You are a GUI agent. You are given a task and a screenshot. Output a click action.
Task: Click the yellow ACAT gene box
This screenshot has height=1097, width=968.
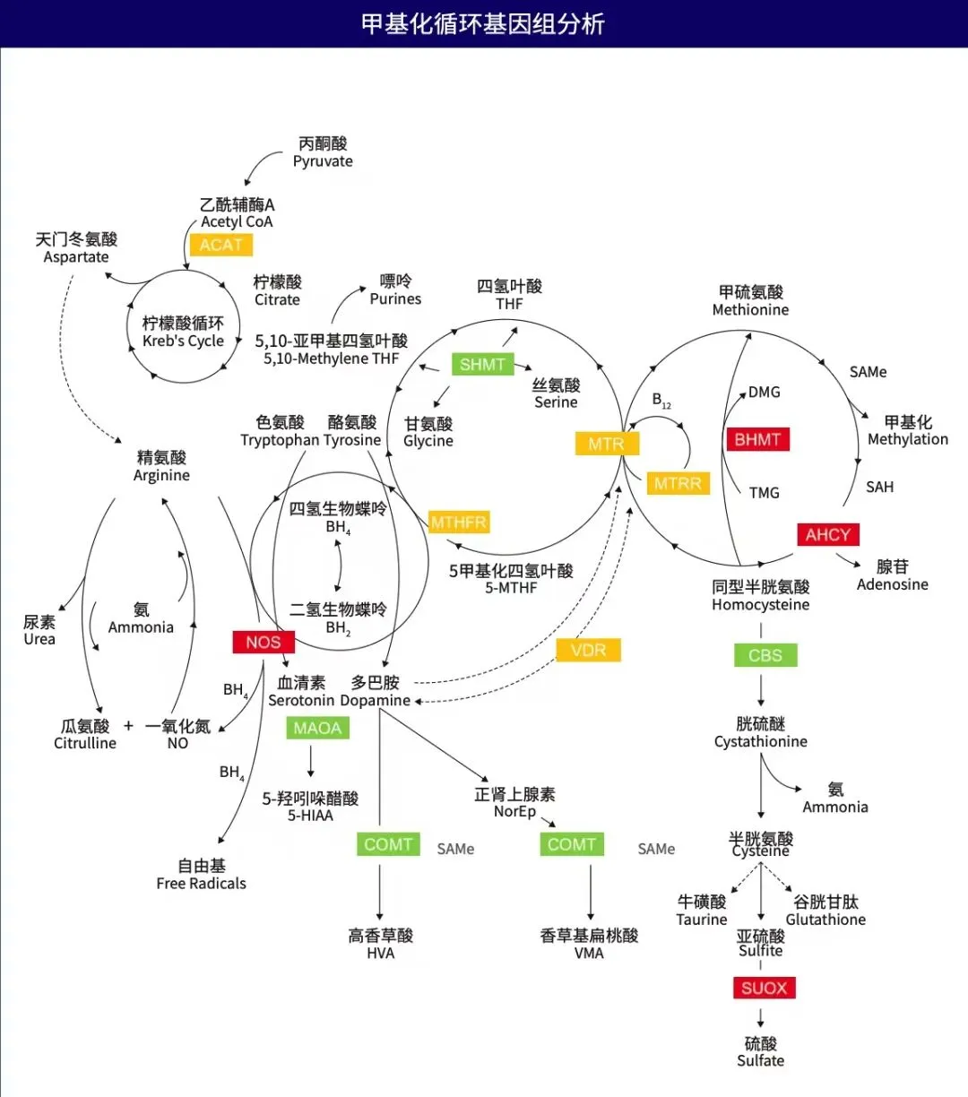(221, 245)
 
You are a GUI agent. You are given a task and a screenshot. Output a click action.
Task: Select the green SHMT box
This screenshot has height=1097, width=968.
(482, 364)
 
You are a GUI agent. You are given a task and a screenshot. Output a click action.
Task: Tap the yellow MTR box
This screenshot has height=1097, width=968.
(606, 444)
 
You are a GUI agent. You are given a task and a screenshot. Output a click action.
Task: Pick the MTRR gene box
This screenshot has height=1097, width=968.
(677, 484)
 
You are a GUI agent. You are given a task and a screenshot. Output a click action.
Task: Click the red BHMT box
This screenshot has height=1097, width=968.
(757, 439)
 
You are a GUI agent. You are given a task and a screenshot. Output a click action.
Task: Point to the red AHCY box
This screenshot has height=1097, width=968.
(827, 535)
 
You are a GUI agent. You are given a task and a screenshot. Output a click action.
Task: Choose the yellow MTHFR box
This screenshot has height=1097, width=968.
(459, 523)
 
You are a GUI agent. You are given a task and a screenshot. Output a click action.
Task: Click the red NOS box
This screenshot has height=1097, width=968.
(263, 642)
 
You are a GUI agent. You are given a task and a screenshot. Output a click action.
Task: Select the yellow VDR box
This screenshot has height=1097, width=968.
(588, 651)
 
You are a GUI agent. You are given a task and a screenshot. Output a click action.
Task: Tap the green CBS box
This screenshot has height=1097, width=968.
(765, 655)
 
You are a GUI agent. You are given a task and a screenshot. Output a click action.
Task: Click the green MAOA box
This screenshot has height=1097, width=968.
(317, 728)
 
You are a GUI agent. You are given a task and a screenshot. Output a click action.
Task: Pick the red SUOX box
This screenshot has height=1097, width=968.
(764, 988)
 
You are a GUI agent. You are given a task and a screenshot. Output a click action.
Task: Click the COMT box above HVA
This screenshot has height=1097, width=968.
(388, 844)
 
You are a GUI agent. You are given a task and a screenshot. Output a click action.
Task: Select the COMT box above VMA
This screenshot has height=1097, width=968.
(572, 844)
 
